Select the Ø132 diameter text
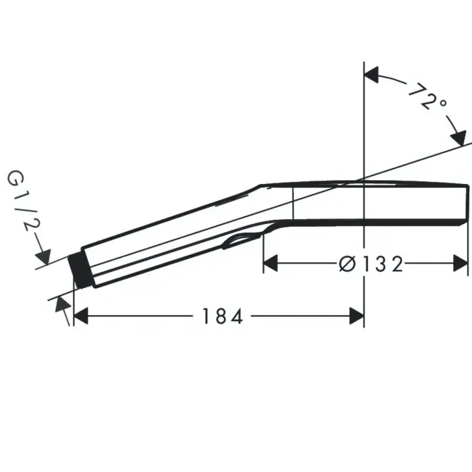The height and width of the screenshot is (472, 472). click(370, 264)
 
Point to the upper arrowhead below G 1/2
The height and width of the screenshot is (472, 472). click(43, 257)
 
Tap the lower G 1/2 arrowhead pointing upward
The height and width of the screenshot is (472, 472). click(62, 303)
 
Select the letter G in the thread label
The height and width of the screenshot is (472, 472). click(15, 179)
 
